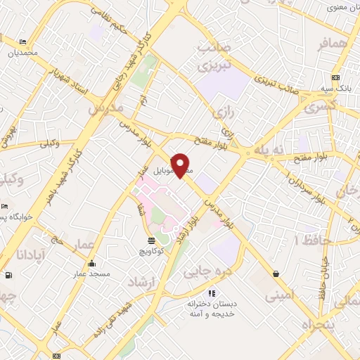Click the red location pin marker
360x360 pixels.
pyautogui.click(x=181, y=164)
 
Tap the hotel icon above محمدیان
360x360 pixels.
pyautogui.click(x=23, y=42)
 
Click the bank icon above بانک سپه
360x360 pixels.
pyautogui.click(x=335, y=77)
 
